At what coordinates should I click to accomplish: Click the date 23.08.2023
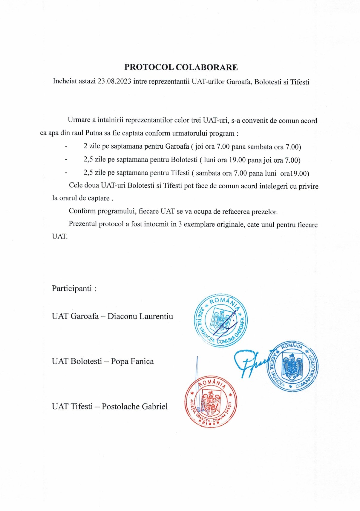[114, 81]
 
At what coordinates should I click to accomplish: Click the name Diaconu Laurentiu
[140, 316]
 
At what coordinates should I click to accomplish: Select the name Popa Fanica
[132, 361]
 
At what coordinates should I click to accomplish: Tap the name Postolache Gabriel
[134, 407]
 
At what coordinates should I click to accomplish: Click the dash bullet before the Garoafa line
[66, 147]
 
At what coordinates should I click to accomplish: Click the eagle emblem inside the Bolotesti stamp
[292, 366]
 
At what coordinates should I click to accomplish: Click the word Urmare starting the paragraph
[79, 120]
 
